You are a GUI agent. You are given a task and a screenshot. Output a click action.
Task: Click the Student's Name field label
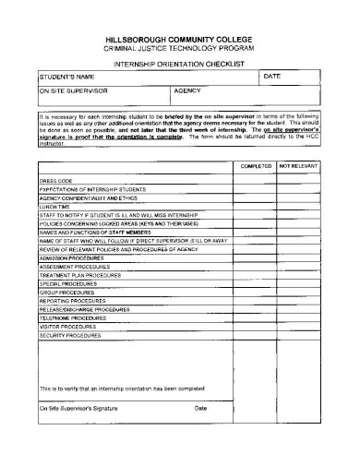coord(67,77)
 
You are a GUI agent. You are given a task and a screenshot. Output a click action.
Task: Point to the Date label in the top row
coord(271,76)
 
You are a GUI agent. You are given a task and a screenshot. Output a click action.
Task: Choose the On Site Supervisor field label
coord(73,92)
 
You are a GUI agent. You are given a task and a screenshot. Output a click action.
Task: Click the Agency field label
coord(189,92)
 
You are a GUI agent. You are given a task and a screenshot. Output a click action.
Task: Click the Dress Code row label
coord(55,180)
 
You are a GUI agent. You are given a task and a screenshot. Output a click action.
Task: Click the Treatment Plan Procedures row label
coord(80,275)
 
